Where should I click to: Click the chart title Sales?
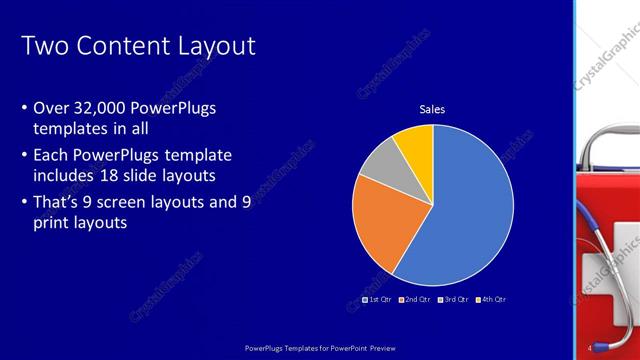tap(432, 109)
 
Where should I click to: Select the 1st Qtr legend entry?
tap(377, 299)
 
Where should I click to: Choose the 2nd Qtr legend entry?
tap(414, 299)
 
